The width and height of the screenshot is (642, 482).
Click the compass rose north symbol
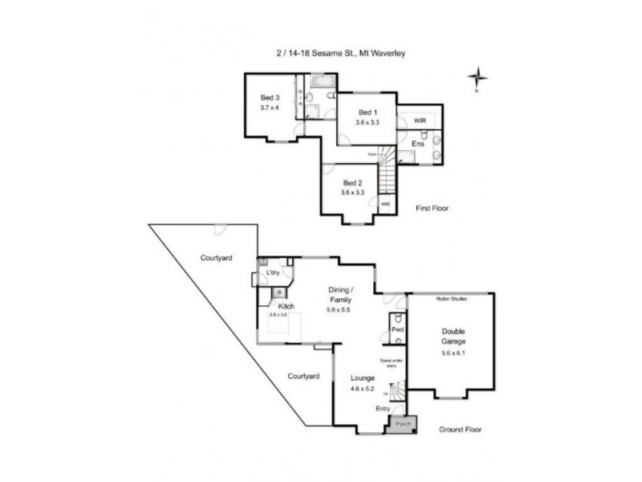pyautogui.click(x=477, y=78)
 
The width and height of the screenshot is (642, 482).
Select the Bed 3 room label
pyautogui.click(x=269, y=98)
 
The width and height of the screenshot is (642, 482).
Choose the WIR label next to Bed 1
pyautogui.click(x=420, y=120)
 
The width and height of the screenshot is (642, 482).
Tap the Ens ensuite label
pyautogui.click(x=417, y=144)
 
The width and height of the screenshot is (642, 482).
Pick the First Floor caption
pyautogui.click(x=432, y=208)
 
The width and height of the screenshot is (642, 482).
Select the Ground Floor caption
pyautogui.click(x=461, y=430)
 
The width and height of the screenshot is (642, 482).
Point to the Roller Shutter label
pyautogui.click(x=452, y=298)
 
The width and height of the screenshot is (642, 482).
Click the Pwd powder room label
pyautogui.click(x=396, y=330)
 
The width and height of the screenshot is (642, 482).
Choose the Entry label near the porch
pyautogui.click(x=384, y=409)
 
